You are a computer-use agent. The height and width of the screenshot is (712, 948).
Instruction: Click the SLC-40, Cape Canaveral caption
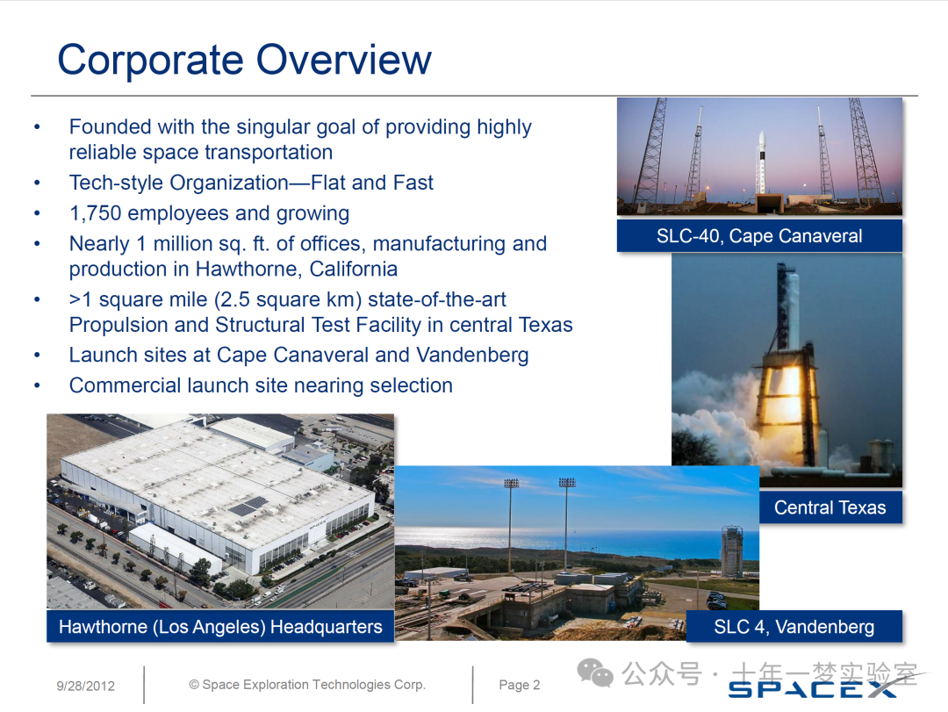[x=759, y=235]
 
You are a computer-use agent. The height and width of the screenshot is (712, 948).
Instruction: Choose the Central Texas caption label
[x=830, y=507]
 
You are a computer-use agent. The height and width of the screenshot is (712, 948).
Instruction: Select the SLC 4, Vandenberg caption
[x=794, y=626]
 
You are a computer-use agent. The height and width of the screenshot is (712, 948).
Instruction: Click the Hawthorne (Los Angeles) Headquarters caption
[x=220, y=626]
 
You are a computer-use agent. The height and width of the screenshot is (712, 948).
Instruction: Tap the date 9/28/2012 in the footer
[x=86, y=686]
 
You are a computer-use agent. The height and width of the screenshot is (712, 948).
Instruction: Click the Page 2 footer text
[x=520, y=685]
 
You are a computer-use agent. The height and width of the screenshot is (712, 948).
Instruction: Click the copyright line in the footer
[x=307, y=684]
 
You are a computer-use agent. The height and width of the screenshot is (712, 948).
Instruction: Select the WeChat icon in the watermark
[x=595, y=672]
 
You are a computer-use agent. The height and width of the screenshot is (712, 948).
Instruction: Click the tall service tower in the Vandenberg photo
[x=731, y=551]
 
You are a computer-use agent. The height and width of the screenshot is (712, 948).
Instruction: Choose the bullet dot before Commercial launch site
[x=38, y=385]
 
